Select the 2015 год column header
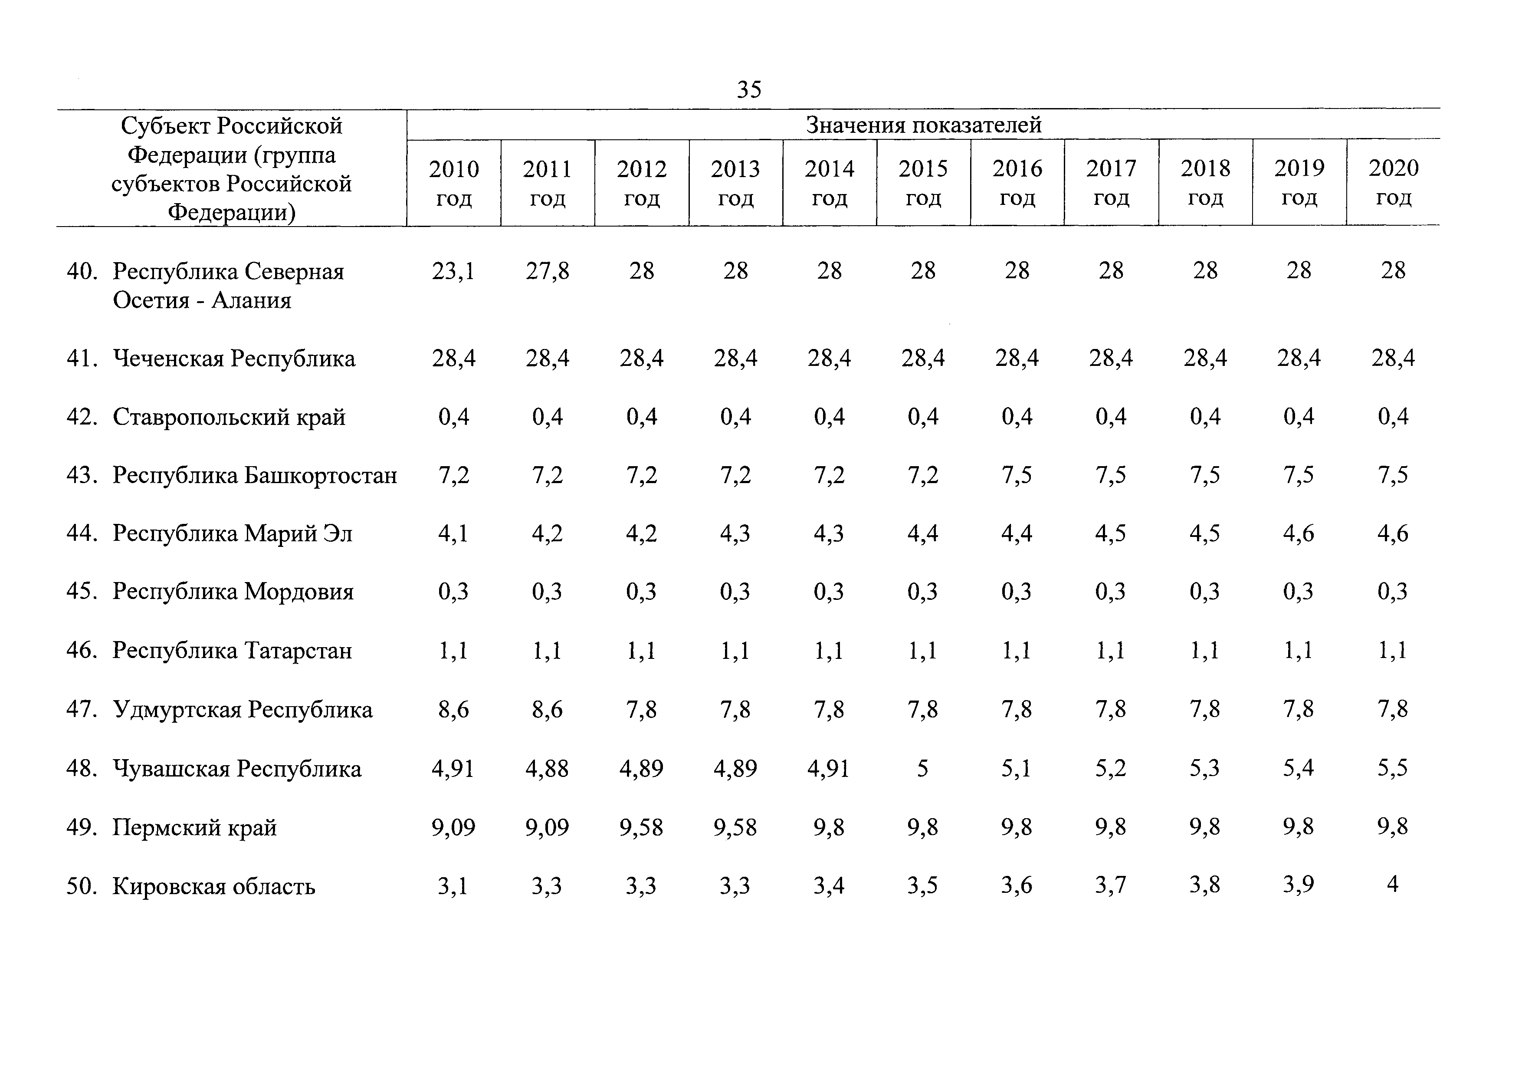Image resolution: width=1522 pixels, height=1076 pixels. [923, 183]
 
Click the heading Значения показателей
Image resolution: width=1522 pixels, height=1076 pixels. [923, 125]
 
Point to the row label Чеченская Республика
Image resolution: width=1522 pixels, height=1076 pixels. [234, 359]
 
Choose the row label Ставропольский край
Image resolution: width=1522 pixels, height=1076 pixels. [230, 417]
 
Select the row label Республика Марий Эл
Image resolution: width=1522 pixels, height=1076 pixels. [232, 534]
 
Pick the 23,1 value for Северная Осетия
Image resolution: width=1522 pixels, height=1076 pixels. [453, 271]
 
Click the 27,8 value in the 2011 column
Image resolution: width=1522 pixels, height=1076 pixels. [548, 271]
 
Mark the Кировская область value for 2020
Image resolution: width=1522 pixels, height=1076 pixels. [1392, 885]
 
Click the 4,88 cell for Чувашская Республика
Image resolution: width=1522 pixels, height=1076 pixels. [548, 769]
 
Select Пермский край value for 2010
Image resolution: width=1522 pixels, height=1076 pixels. [453, 827]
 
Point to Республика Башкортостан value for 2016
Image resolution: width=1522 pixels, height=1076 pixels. [1017, 475]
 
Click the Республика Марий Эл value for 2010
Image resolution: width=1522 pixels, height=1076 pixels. [453, 534]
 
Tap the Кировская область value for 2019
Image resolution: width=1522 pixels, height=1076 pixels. [1299, 885]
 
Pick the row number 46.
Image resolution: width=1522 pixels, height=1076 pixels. [82, 650]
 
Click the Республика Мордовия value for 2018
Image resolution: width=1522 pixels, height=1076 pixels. [1204, 591]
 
